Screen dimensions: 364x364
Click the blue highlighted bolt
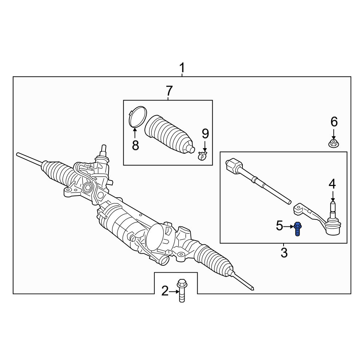coord(298,229)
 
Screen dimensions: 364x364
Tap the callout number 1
coord(182,68)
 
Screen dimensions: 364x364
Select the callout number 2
coord(165,291)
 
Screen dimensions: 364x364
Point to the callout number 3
coord(284,253)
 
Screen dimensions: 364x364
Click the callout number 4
coord(332,184)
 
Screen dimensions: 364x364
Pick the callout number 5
coord(280,226)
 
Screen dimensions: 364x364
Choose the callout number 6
coord(334,122)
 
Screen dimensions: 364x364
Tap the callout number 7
coord(169,91)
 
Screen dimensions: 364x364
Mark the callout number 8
coord(135,146)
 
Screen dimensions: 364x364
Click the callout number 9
coord(205,134)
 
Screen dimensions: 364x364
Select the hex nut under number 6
coord(333,144)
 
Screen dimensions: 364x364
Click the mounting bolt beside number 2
coord(182,290)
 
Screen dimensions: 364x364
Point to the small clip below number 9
coord(202,155)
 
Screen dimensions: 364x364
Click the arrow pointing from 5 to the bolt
coord(289,226)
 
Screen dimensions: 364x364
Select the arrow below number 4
coord(333,196)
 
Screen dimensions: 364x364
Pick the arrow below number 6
coord(333,134)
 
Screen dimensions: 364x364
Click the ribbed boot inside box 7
coord(169,134)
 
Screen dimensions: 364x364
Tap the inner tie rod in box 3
coord(258,181)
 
